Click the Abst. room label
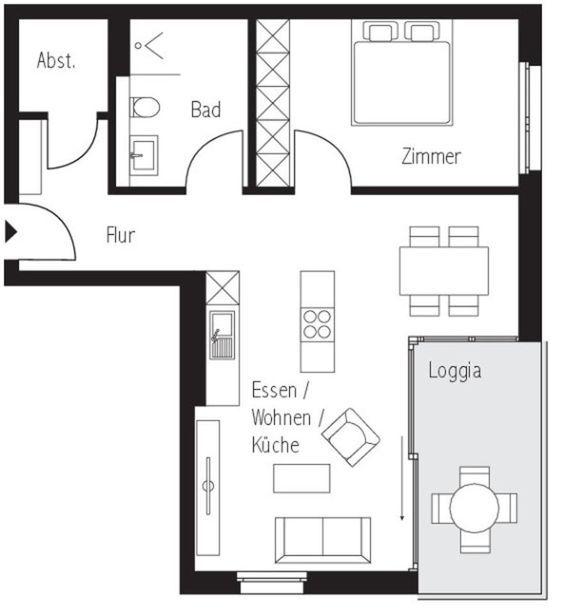(56, 61)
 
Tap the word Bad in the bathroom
(206, 110)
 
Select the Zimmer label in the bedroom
(431, 156)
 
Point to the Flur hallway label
(120, 235)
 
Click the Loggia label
(455, 371)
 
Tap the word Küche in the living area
(275, 445)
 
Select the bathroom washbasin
(143, 154)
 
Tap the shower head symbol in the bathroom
(149, 45)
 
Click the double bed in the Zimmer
(402, 80)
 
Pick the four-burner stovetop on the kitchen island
(317, 324)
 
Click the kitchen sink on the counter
(222, 335)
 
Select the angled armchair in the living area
(350, 437)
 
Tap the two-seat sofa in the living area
(323, 539)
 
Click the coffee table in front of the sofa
(302, 479)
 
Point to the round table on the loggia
(474, 509)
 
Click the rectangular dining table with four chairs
(444, 271)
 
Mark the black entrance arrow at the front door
(10, 232)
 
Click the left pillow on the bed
(380, 31)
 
